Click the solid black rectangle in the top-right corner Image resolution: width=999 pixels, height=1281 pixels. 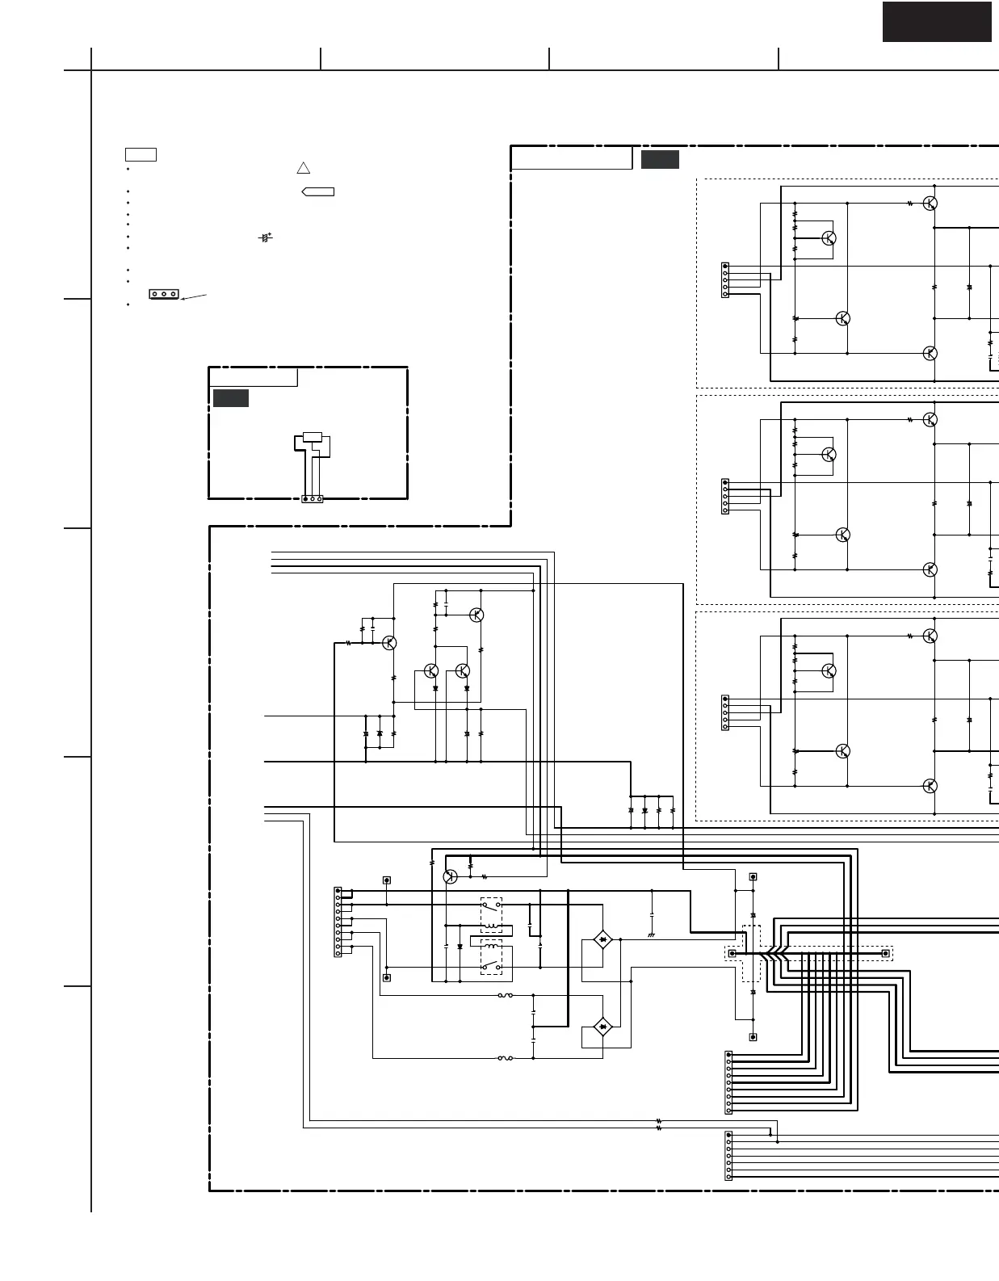(937, 22)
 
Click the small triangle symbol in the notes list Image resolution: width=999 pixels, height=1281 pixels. (303, 168)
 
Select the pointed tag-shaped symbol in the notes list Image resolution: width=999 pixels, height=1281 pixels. (318, 192)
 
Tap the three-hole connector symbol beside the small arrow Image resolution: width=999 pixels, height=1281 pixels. (163, 294)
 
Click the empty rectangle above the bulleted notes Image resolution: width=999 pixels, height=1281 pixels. (141, 154)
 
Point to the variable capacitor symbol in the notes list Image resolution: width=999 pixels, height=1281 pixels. (265, 237)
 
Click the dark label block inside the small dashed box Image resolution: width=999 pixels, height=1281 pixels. (230, 397)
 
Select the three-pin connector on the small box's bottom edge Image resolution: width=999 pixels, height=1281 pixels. (312, 498)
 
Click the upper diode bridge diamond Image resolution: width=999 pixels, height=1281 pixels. (602, 939)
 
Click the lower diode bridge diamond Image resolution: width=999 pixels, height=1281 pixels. (602, 1027)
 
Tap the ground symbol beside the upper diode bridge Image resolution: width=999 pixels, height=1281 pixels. (651, 934)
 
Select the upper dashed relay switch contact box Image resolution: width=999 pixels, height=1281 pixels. (491, 905)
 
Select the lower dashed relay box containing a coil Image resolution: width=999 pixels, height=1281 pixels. (491, 956)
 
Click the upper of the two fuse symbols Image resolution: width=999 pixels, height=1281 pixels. (506, 995)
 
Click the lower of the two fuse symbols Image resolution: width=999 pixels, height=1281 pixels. (506, 1057)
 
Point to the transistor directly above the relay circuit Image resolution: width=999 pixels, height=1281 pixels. (451, 877)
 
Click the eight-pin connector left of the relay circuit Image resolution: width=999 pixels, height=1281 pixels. (338, 922)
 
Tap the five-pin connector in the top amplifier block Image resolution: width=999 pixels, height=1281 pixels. (725, 279)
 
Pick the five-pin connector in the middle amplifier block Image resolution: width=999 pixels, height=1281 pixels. (725, 496)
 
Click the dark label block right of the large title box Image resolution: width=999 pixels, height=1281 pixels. (660, 159)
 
